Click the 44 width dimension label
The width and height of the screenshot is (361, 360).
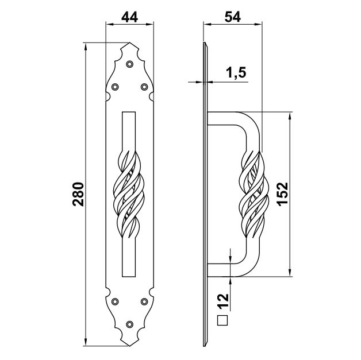click(129, 17)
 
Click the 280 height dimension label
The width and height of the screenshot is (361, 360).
click(78, 194)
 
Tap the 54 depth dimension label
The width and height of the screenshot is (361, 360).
click(233, 17)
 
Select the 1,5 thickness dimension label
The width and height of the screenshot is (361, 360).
click(236, 73)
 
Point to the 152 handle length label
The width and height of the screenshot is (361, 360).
click(282, 194)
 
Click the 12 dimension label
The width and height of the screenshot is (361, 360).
click(223, 301)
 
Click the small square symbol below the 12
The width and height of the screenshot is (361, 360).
click(222, 320)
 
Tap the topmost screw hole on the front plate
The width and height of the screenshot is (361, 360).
click(129, 64)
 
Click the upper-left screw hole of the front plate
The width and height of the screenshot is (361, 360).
click(115, 87)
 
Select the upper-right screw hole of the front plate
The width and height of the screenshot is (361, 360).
click(144, 87)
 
